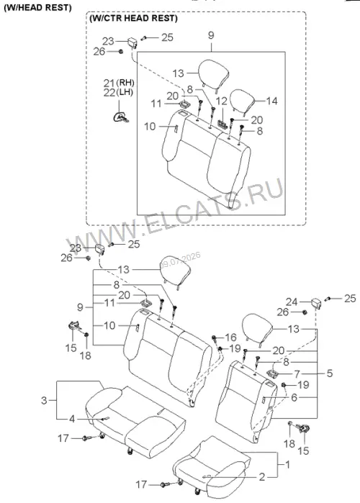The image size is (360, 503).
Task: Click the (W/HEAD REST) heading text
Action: tap(37, 8)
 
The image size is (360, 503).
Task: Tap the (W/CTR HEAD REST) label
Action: tap(133, 18)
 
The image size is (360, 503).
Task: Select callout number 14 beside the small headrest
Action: tap(271, 101)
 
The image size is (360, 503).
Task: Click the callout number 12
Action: tap(221, 101)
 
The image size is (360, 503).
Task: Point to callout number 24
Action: tap(292, 302)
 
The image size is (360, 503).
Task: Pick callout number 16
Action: tap(230, 337)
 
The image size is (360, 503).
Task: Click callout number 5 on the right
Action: tap(330, 373)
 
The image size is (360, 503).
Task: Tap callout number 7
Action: tap(297, 373)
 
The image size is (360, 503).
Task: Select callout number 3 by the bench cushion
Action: tap(44, 400)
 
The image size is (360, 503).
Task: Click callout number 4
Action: tap(72, 419)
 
